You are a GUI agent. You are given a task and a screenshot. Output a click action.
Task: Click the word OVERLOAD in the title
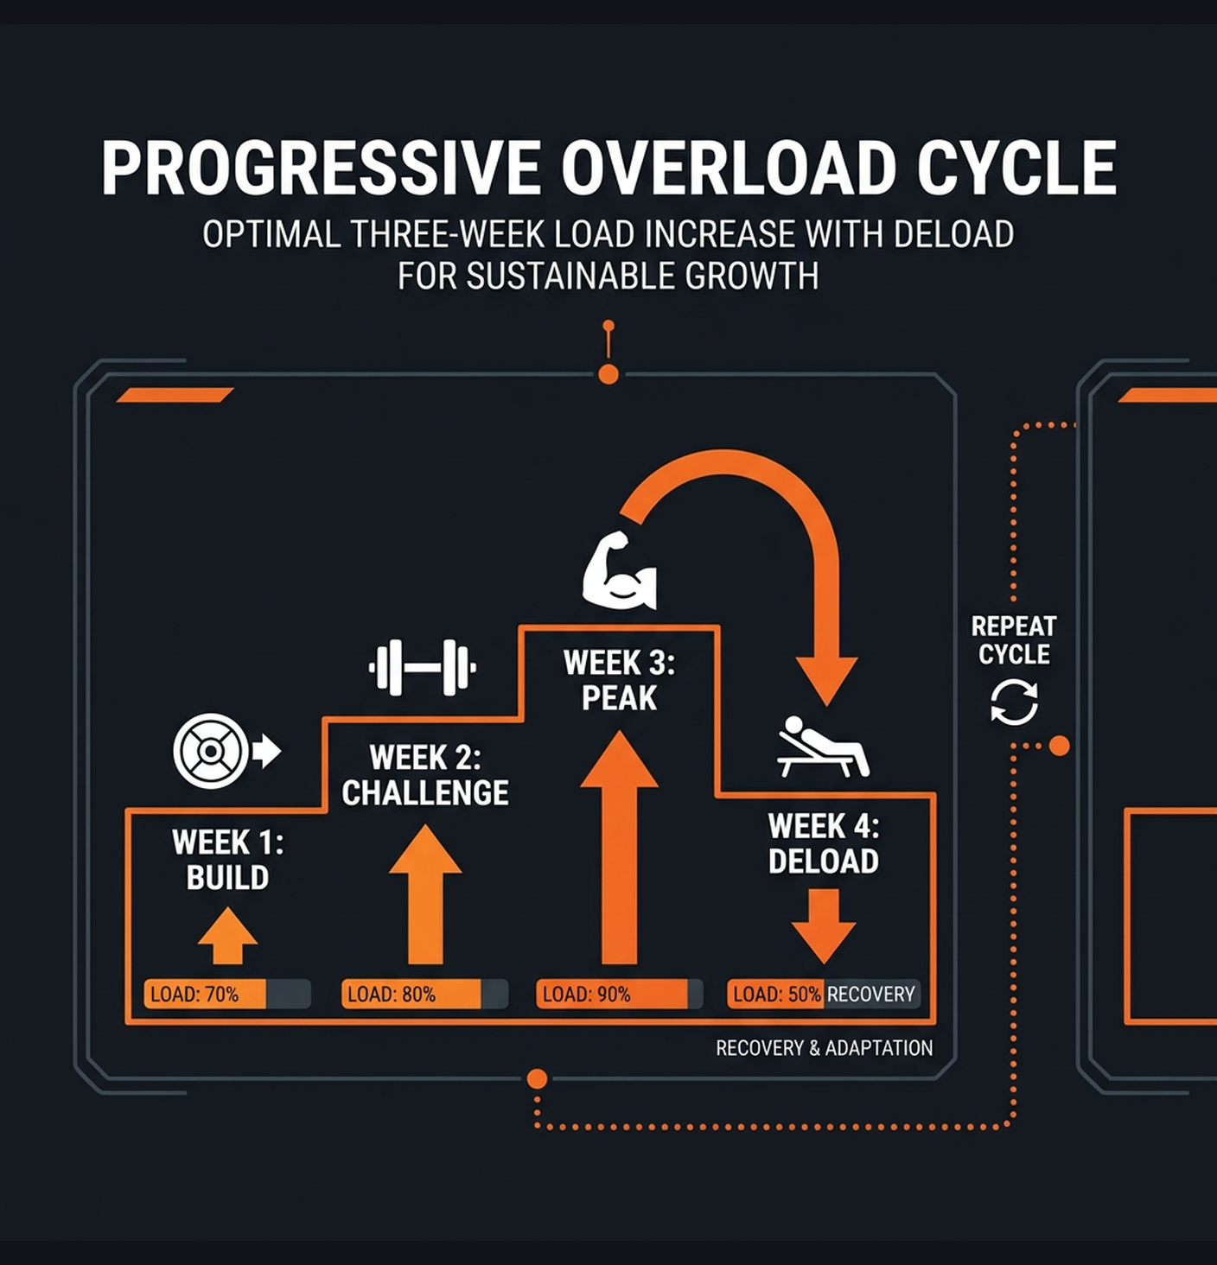tap(729, 168)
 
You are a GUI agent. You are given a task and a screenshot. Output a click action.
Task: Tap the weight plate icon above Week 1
tap(211, 751)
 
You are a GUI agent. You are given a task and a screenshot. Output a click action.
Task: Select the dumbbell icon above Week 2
tap(423, 667)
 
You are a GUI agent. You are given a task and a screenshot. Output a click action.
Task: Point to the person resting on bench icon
tap(822, 747)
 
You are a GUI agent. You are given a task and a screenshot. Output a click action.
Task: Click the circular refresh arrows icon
tap(1014, 702)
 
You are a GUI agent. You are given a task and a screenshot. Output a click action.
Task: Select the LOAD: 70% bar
tap(226, 994)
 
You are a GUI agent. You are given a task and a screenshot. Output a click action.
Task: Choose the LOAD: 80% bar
tap(424, 994)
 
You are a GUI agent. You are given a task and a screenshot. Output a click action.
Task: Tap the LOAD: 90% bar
tap(618, 994)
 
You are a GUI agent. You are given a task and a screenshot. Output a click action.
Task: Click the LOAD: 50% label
tap(776, 994)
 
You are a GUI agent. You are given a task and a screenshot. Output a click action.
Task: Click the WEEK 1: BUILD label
tap(227, 860)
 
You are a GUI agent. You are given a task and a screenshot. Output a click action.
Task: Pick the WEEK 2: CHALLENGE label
tap(424, 775)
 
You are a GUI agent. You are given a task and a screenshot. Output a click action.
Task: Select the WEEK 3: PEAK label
tap(619, 680)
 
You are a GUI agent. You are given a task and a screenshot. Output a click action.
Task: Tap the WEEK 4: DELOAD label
tap(823, 843)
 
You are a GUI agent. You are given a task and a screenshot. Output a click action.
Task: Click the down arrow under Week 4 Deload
tap(823, 925)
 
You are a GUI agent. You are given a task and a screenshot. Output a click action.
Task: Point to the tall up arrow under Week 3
tap(619, 847)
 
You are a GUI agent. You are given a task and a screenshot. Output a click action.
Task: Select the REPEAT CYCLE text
tap(1014, 640)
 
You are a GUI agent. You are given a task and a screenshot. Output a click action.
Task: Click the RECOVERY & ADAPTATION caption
tap(824, 1048)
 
